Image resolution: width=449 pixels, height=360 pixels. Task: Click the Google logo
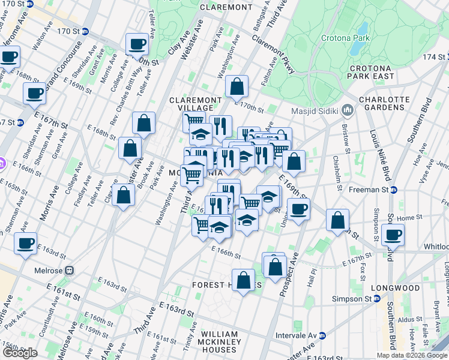coord(20,353)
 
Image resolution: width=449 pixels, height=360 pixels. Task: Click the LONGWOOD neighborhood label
coord(395,288)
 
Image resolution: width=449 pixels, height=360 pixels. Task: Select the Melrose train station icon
coord(70,270)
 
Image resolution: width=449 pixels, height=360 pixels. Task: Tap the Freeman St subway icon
coord(394,190)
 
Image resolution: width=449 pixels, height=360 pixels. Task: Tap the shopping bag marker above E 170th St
coord(237,86)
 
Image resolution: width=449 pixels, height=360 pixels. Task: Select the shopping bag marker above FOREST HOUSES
coord(243,280)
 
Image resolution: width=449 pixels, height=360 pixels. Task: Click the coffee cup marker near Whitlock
coord(393,235)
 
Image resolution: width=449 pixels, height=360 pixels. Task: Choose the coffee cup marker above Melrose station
coord(26,244)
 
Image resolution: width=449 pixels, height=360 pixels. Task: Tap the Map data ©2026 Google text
coord(412,355)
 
